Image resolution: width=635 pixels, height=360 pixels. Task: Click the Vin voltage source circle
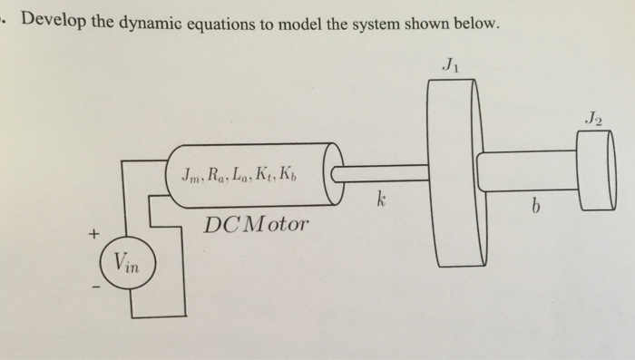pyautogui.click(x=127, y=266)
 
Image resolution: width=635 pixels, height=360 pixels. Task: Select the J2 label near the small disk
pyautogui.click(x=593, y=115)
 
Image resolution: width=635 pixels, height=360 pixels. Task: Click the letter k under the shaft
pyautogui.click(x=383, y=199)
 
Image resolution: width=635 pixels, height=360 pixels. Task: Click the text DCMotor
pyautogui.click(x=256, y=221)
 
